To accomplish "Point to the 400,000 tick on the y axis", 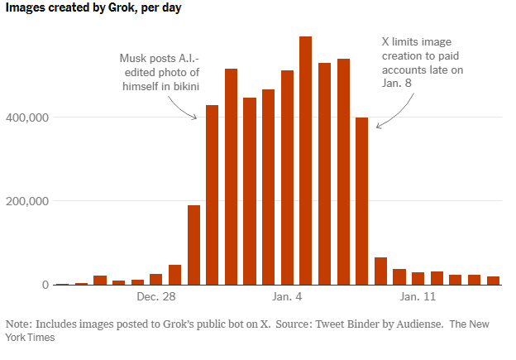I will point(31,118).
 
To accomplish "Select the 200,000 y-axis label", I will point(31,201).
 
